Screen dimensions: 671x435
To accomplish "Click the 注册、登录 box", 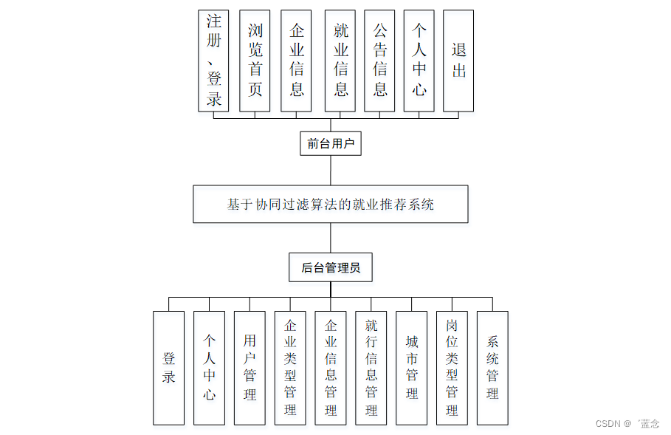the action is pyautogui.click(x=213, y=61).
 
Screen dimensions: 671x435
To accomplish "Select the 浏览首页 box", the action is pyautogui.click(x=255, y=61).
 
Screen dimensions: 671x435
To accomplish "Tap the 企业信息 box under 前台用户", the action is pyautogui.click(x=296, y=61).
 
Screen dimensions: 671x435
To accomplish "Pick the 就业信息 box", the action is pyautogui.click(x=340, y=61).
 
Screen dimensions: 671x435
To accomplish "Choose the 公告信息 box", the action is pyautogui.click(x=379, y=61).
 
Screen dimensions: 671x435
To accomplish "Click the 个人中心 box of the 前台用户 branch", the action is pyautogui.click(x=419, y=61).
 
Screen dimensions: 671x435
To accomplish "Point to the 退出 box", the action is pyautogui.click(x=458, y=61).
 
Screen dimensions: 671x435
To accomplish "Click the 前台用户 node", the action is pyautogui.click(x=331, y=143).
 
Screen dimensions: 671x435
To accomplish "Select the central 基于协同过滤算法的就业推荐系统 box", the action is pyautogui.click(x=330, y=204).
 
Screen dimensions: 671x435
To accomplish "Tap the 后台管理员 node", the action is pyautogui.click(x=330, y=267).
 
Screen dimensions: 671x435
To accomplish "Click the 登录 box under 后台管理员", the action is pyautogui.click(x=169, y=368).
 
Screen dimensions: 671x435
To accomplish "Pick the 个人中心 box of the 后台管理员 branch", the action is pyautogui.click(x=209, y=368).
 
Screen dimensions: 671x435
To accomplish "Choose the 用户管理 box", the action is pyautogui.click(x=250, y=368).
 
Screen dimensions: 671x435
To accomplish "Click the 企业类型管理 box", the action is pyautogui.click(x=290, y=368).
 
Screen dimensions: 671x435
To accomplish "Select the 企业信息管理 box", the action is pyautogui.click(x=331, y=368).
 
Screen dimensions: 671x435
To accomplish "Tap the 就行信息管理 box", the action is pyautogui.click(x=371, y=368).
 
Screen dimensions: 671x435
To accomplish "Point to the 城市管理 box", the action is pyautogui.click(x=411, y=368).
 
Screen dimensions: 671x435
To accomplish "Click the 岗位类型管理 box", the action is pyautogui.click(x=452, y=368).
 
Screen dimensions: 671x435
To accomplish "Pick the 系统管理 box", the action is pyautogui.click(x=492, y=368).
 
